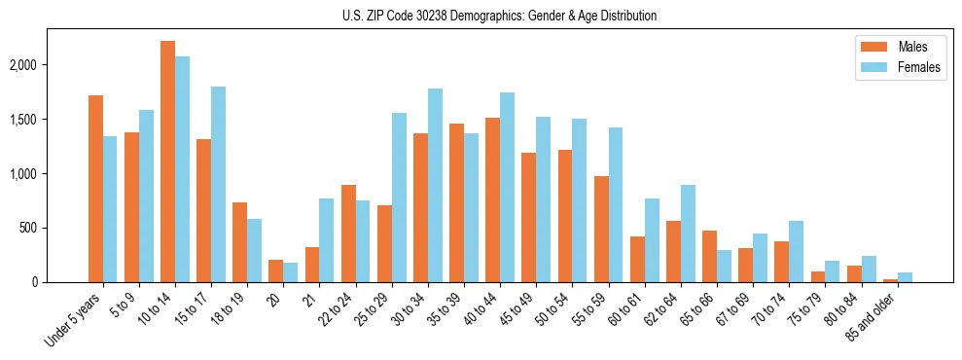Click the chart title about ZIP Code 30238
tap(499, 16)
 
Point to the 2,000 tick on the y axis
tap(22, 65)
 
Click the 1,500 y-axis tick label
tap(22, 120)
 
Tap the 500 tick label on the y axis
tap(29, 229)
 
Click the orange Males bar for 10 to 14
tap(167, 162)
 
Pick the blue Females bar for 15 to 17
tap(218, 185)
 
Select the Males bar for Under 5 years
tap(95, 189)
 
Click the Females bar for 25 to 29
tap(399, 198)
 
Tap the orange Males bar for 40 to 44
tap(492, 199)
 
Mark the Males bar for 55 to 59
tap(601, 229)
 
